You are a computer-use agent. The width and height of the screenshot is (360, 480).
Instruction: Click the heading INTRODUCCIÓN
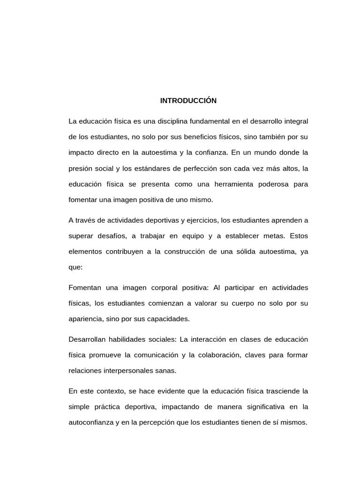[x=188, y=101]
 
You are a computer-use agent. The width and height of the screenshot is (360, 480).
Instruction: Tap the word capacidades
[x=169, y=319]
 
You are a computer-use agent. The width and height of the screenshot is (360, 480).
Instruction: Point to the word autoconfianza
[x=90, y=422]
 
